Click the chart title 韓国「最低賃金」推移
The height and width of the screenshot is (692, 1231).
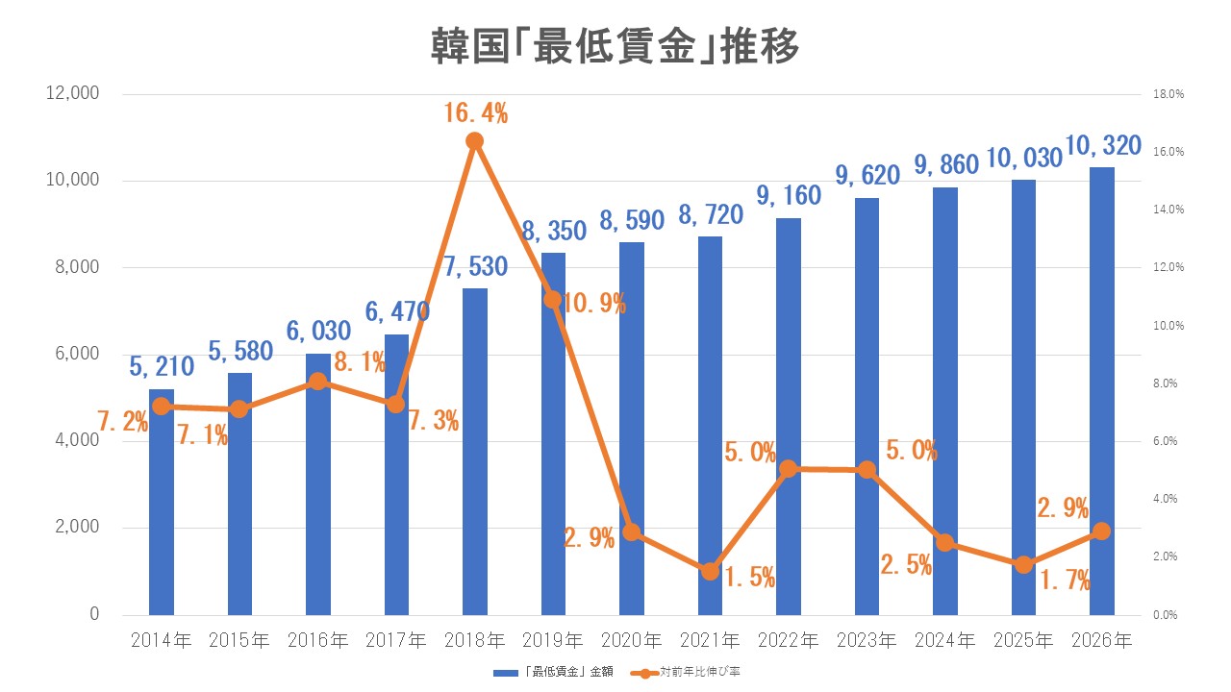(615, 47)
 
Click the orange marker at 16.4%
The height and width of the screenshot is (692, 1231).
(474, 141)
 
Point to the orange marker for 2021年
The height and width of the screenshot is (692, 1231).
(710, 571)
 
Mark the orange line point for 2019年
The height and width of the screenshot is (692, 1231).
(553, 299)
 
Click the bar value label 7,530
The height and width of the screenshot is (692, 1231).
(474, 266)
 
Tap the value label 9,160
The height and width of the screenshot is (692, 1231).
(788, 196)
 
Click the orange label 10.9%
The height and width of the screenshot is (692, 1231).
(593, 305)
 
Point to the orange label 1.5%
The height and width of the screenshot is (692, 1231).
(749, 578)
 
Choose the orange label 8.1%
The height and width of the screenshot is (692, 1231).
(360, 362)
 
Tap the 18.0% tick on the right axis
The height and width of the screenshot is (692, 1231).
(1168, 94)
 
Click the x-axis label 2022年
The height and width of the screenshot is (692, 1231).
(788, 640)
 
